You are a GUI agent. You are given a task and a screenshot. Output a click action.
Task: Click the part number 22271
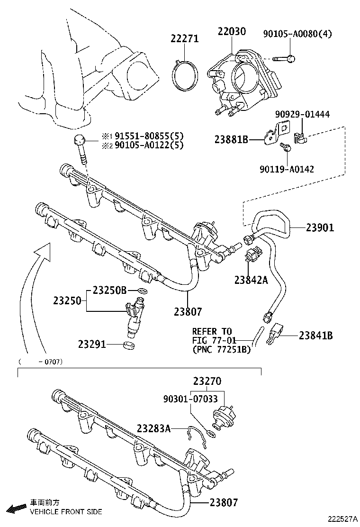[x=185, y=39]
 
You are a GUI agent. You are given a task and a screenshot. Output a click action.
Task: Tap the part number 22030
[x=232, y=32]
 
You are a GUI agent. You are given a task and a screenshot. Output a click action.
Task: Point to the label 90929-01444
[x=302, y=114]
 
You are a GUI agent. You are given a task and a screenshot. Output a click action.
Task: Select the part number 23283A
[x=153, y=428]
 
